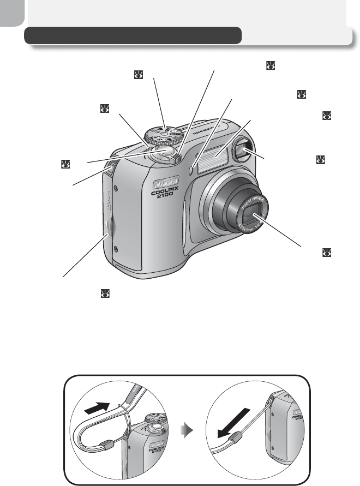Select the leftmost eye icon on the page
(65, 163)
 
